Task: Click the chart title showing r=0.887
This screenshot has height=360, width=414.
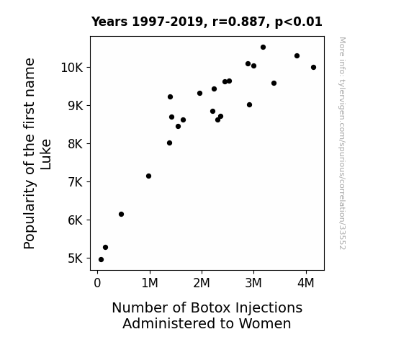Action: point(207,22)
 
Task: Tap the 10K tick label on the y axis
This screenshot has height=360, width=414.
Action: point(72,68)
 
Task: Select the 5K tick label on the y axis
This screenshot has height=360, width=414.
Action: point(76,258)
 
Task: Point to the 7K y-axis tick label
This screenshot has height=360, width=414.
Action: point(76,182)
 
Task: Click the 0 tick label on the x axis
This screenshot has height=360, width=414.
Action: point(97,283)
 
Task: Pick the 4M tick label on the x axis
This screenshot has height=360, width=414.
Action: point(306,283)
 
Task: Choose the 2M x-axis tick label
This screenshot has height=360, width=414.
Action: point(202,283)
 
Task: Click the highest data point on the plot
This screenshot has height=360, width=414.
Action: point(263,48)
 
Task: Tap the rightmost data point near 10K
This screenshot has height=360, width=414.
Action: point(313,68)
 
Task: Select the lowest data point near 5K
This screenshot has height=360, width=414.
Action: point(101,260)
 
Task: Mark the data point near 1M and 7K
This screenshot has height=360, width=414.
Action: point(148,176)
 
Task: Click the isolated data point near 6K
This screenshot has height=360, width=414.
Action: point(121,215)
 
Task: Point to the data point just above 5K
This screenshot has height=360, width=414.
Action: point(105,247)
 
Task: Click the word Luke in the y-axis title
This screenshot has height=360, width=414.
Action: point(45,154)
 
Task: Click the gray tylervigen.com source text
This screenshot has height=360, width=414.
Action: point(342,143)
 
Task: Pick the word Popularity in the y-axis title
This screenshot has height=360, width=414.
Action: point(30,214)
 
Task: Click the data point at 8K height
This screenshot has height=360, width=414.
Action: point(169,143)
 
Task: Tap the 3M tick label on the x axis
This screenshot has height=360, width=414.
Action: point(253,283)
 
